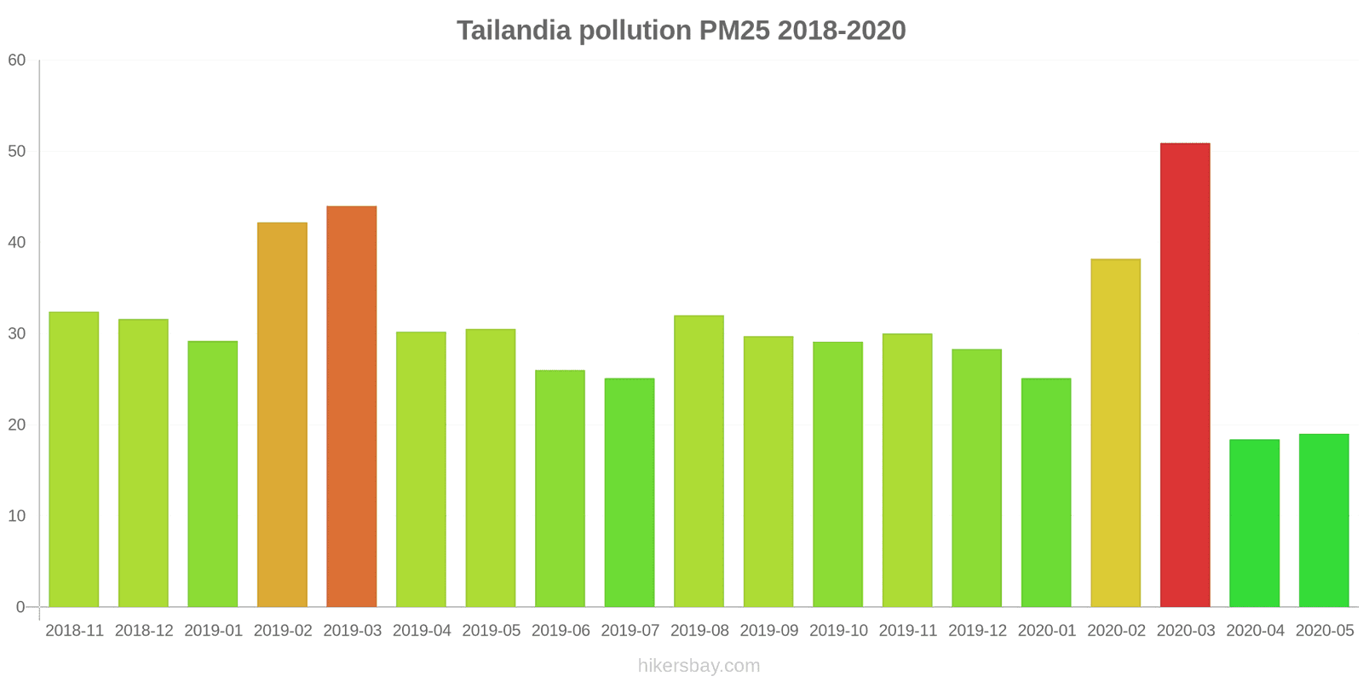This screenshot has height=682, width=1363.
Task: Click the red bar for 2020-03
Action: pyautogui.click(x=1185, y=375)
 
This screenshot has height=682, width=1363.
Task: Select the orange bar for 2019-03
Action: pyautogui.click(x=352, y=407)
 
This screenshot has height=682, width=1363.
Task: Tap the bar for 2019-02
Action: pyautogui.click(x=282, y=415)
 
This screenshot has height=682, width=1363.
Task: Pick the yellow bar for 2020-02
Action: pyautogui.click(x=1115, y=433)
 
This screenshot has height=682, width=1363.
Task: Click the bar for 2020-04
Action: pyautogui.click(x=1254, y=523)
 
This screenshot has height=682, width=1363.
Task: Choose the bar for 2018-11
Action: pyautogui.click(x=74, y=459)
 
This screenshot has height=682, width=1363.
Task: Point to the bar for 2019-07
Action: pyautogui.click(x=630, y=493)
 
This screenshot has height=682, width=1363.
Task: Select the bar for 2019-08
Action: pyautogui.click(x=699, y=461)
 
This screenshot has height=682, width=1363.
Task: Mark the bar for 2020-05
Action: pyautogui.click(x=1324, y=521)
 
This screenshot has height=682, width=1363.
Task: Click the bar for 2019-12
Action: pyautogui.click(x=976, y=478)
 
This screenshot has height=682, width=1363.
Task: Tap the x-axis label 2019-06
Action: pyautogui.click(x=561, y=631)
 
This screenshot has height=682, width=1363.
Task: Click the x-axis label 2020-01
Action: pyautogui.click(x=1046, y=631)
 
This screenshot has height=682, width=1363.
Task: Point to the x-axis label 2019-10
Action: pyautogui.click(x=838, y=631)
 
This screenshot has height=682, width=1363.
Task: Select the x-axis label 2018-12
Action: pyautogui.click(x=144, y=631)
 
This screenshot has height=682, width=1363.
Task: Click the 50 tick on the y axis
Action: pyautogui.click(x=17, y=152)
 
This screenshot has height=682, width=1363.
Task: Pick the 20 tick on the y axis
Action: pyautogui.click(x=17, y=425)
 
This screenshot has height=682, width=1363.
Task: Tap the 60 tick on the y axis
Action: pyautogui.click(x=17, y=61)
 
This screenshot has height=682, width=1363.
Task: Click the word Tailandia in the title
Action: pyautogui.click(x=514, y=31)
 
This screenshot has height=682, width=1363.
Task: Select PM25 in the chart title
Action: pyautogui.click(x=734, y=31)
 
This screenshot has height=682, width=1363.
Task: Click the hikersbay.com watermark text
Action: pyautogui.click(x=699, y=666)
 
